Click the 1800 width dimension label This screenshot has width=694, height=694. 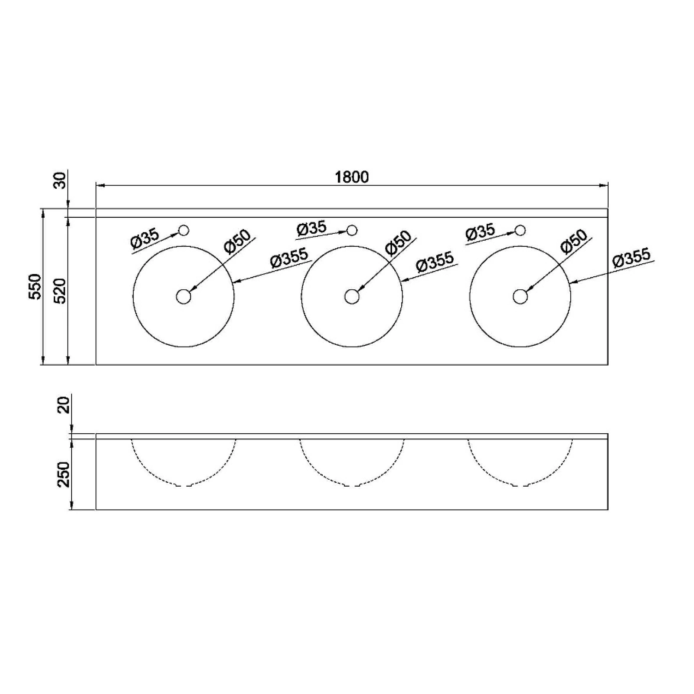(352, 177)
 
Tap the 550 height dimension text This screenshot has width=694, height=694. (35, 286)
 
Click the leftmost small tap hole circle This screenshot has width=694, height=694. (184, 230)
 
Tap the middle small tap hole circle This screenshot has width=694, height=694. (352, 230)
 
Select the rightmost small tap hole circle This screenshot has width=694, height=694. (520, 230)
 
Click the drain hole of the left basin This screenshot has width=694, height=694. (183, 297)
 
